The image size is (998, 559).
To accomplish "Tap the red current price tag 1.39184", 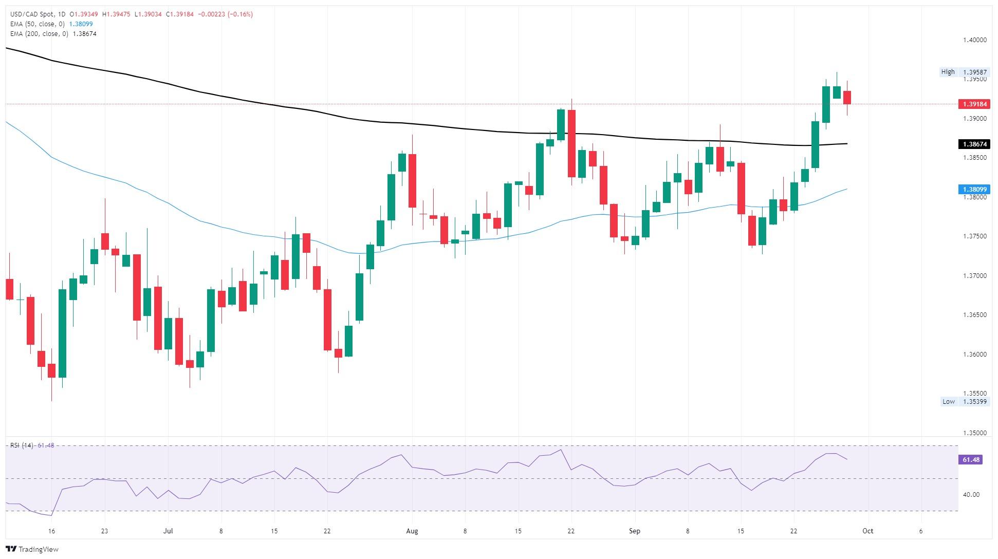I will click(973, 104).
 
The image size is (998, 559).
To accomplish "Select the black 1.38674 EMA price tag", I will click(973, 144).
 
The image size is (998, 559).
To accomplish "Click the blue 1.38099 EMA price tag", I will click(973, 190).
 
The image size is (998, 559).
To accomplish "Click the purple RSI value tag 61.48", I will click(970, 460).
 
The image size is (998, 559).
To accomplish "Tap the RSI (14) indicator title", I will click(22, 445).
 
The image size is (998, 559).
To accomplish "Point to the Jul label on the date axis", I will click(168, 531).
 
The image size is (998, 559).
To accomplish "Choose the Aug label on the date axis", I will click(412, 531).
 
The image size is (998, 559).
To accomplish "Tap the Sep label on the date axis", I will click(635, 531).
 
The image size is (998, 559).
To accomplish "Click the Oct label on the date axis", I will click(868, 531).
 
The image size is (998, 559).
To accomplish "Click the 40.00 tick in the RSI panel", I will click(971, 495).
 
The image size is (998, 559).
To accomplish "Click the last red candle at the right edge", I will click(847, 98).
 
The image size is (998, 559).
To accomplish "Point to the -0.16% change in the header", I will click(242, 14).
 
